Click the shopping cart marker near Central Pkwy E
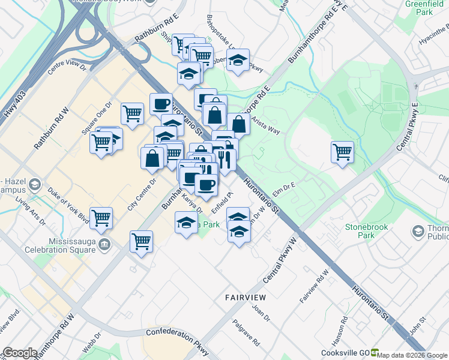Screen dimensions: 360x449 coord(342,152)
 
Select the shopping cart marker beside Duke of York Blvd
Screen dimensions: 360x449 coord(101,218)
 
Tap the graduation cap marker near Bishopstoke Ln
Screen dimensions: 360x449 coord(238,59)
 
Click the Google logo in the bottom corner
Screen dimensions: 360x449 coord(20,352)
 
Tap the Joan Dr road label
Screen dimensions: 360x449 coord(261,314)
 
